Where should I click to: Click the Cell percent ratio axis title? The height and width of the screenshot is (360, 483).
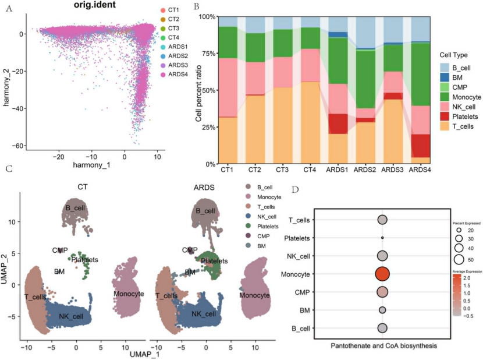[198, 90]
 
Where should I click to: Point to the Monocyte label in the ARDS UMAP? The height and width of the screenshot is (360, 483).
[254, 280]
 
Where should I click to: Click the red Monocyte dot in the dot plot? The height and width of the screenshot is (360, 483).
[382, 274]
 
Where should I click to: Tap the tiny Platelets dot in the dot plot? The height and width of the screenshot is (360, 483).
[382, 238]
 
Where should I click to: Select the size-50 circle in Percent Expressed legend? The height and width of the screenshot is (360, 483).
[459, 259]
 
